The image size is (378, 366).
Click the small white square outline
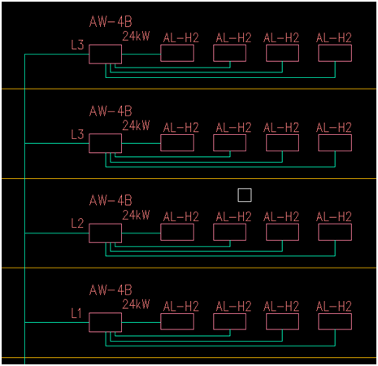245,189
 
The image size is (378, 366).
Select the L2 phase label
77,224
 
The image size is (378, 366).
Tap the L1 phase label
76,313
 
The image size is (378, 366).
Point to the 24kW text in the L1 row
136,304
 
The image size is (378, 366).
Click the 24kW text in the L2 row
136,215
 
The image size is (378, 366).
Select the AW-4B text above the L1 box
111,290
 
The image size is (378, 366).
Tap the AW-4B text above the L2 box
111,201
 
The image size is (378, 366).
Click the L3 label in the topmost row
77,45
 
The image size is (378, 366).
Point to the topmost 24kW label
136,36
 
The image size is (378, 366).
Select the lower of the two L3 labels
77,134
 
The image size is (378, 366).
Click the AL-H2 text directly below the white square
233,217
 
